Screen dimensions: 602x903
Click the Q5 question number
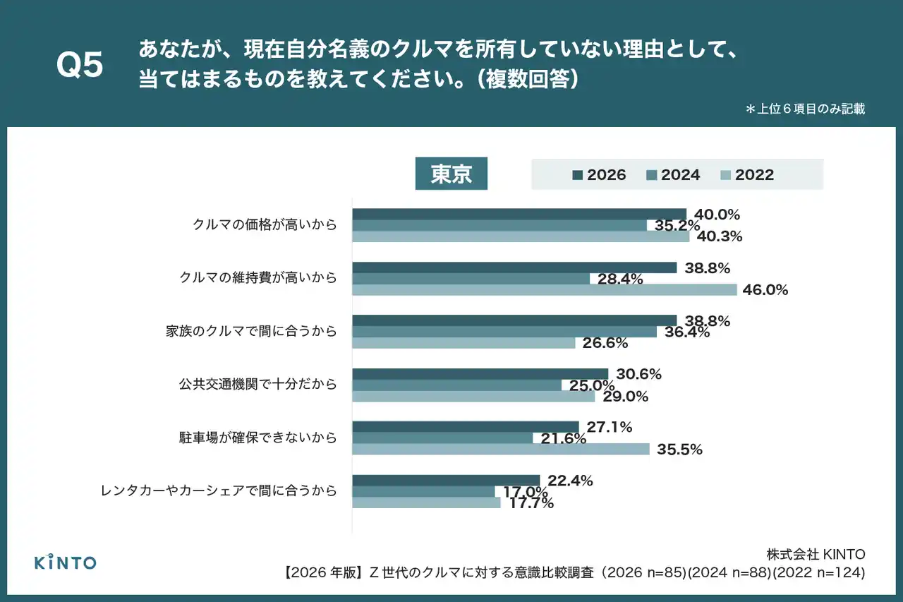click(x=80, y=66)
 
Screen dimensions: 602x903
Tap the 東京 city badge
click(x=451, y=174)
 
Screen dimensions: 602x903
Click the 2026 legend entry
click(x=600, y=175)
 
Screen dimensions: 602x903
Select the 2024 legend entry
click(x=674, y=175)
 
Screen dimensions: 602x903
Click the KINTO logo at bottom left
click(x=66, y=562)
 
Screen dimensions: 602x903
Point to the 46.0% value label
click(x=765, y=289)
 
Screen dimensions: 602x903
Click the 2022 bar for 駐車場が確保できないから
click(x=501, y=449)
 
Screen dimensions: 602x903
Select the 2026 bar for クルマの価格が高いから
click(x=519, y=214)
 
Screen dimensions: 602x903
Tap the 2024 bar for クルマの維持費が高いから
click(x=471, y=279)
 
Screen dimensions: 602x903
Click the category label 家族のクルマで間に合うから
click(x=251, y=332)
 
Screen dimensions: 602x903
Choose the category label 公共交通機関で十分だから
click(x=257, y=385)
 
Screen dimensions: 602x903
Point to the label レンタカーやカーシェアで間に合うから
click(x=219, y=490)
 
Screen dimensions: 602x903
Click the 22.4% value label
click(x=570, y=481)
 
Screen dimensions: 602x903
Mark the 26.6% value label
click(x=605, y=343)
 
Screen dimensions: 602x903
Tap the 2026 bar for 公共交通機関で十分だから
click(x=480, y=374)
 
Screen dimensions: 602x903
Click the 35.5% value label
click(x=679, y=449)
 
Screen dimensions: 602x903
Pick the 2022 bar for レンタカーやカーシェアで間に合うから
click(x=426, y=502)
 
